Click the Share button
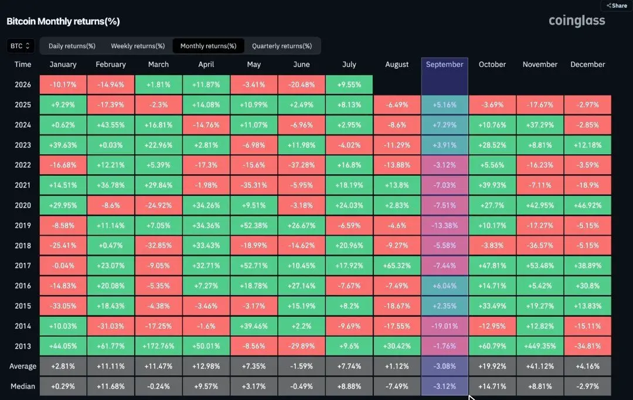[x=617, y=6]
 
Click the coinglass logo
[x=577, y=21]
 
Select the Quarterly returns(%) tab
[x=282, y=46]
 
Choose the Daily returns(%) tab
[x=72, y=46]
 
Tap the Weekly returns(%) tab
[x=138, y=46]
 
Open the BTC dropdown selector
[x=20, y=46]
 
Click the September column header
[x=444, y=65]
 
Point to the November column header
[x=540, y=65]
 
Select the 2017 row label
[x=23, y=266]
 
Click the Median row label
[x=23, y=387]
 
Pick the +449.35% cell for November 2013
[x=540, y=346]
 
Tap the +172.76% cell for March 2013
[x=158, y=346]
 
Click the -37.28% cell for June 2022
[x=302, y=165]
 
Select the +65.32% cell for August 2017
[x=397, y=266]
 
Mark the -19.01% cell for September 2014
[x=444, y=326]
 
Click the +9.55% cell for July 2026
[x=349, y=85]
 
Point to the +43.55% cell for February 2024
[x=111, y=125]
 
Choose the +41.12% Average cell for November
[x=540, y=367]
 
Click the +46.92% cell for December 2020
[x=588, y=205]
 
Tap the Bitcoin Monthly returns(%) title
[x=63, y=22]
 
